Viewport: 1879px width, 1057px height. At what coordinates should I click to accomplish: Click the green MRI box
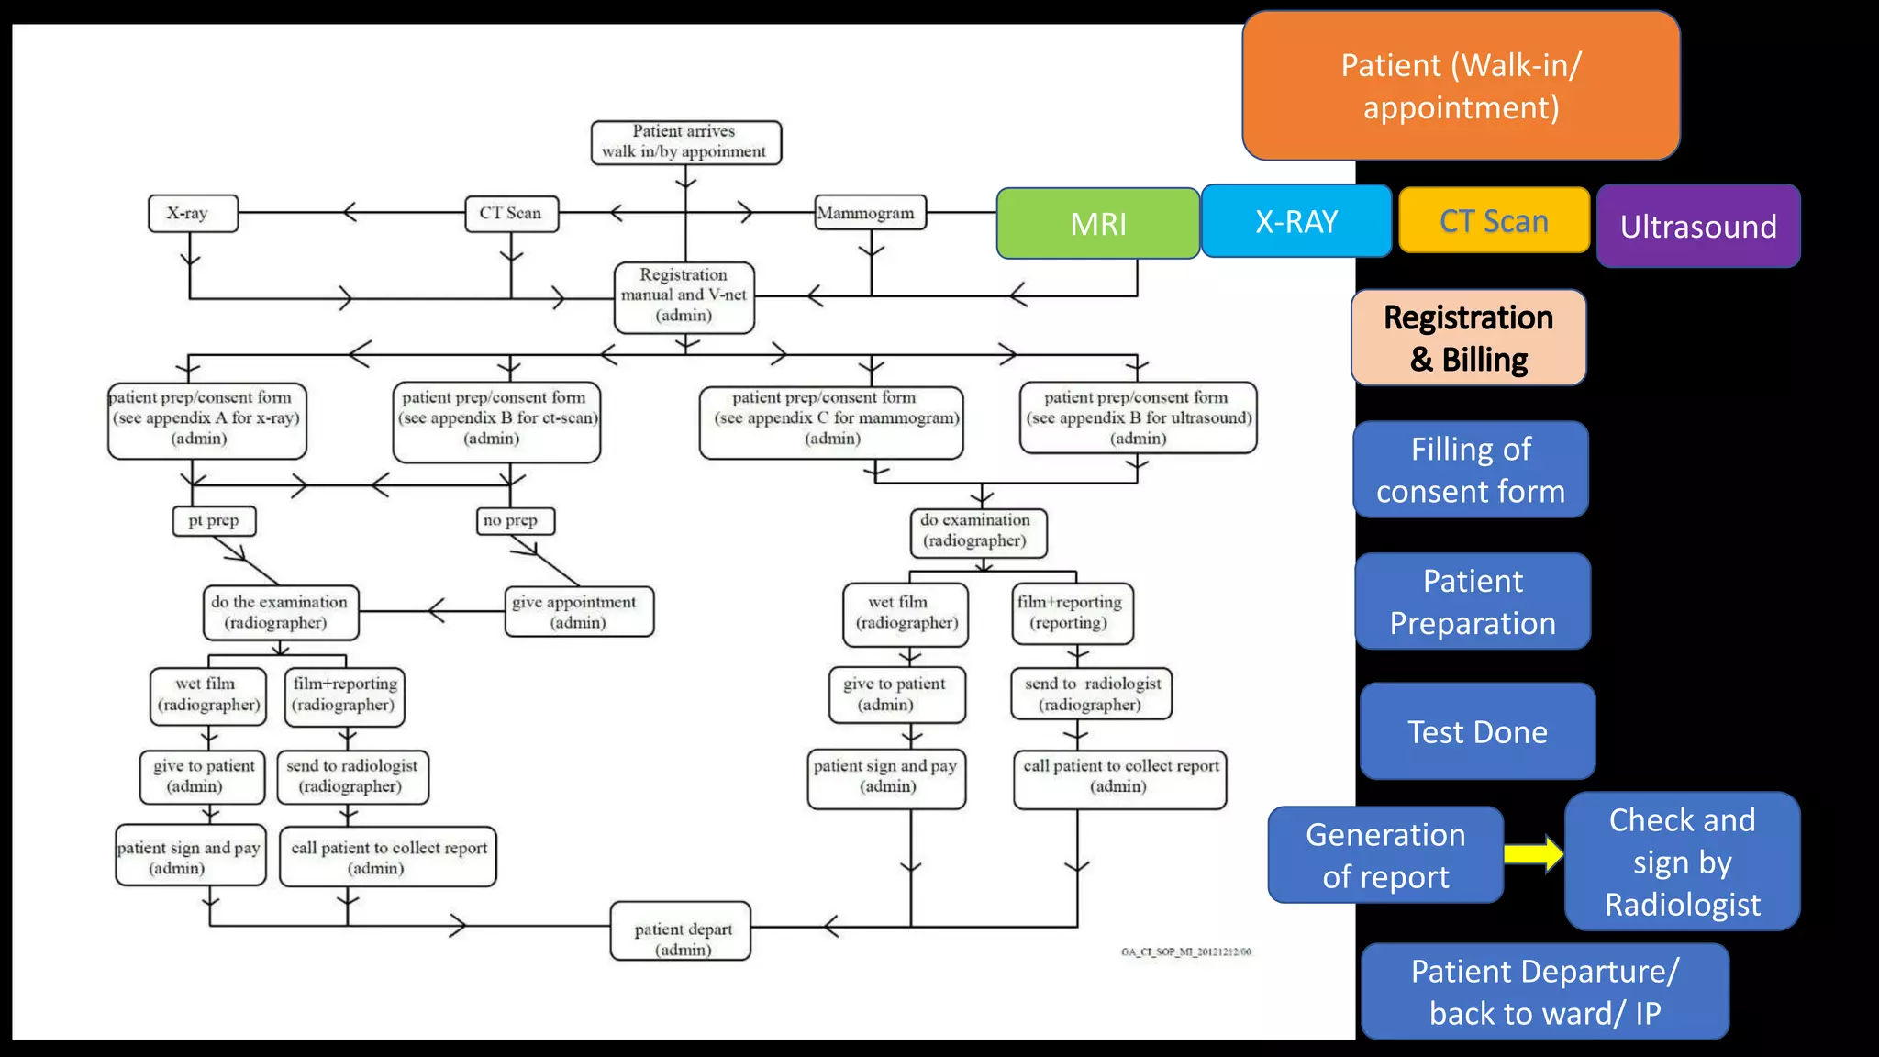[1097, 223]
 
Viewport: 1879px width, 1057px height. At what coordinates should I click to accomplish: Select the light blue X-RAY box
[1295, 221]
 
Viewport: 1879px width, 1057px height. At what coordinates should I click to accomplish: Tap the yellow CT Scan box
[1494, 220]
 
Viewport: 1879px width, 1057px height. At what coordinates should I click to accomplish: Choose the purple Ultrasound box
[1698, 226]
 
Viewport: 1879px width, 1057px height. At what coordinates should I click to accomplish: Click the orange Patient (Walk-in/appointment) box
[1461, 86]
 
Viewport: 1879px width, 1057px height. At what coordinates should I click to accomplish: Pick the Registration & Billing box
[1468, 338]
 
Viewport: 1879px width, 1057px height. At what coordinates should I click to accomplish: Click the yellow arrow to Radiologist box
[1533, 854]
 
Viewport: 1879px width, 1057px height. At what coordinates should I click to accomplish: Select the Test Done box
[1477, 731]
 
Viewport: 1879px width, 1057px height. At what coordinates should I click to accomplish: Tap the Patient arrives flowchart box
[685, 142]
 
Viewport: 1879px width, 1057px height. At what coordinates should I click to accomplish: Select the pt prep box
[214, 520]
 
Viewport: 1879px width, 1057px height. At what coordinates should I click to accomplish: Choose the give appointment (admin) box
[579, 612]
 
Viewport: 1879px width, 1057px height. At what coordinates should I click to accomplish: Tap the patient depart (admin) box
[681, 931]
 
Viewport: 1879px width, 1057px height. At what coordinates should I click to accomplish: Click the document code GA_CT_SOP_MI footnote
[1185, 951]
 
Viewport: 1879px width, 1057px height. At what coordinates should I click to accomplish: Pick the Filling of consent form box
[1470, 470]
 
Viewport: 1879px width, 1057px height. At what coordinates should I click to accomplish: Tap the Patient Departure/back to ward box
[1544, 992]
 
